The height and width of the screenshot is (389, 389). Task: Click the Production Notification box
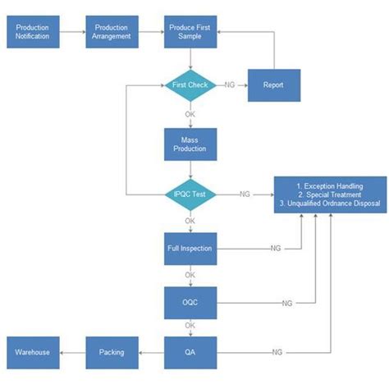tap(33, 32)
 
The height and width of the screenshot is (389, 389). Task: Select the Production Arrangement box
tap(112, 32)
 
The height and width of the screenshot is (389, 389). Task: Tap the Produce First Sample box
tap(190, 32)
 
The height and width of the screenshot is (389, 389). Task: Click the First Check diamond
tap(190, 85)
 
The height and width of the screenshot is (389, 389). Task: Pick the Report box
tap(273, 85)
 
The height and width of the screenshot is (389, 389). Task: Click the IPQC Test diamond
tap(190, 194)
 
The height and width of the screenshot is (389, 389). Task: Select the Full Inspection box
tap(190, 248)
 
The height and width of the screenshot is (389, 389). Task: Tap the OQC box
tap(190, 303)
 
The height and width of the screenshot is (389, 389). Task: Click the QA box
tap(190, 352)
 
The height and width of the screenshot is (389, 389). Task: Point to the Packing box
tap(112, 352)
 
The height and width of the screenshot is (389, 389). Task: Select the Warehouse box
tap(33, 352)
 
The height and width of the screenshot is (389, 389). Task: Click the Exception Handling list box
tap(329, 194)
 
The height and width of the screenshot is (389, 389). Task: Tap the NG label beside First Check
tap(231, 85)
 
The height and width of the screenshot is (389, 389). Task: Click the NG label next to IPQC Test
tap(245, 194)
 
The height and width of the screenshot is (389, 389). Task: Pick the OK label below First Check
tap(190, 114)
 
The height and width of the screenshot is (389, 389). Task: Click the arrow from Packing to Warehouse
tap(72, 352)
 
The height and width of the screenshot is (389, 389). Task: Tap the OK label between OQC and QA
tap(190, 326)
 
